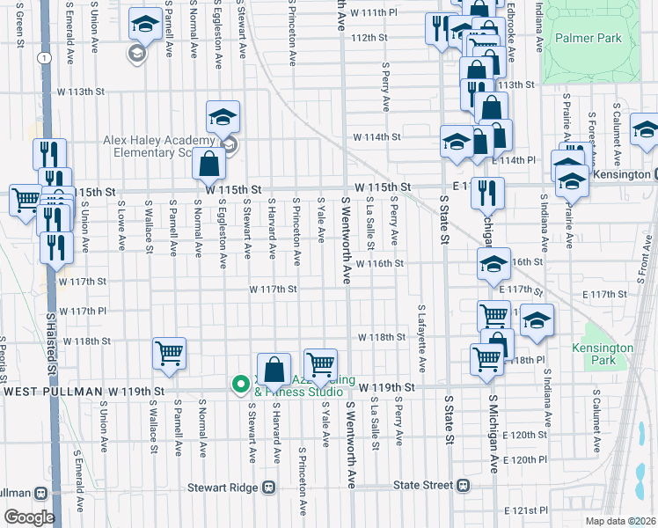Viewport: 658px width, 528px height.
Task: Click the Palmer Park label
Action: [588, 39]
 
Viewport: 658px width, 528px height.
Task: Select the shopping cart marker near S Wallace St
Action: [169, 354]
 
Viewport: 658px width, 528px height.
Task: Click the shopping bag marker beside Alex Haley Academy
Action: [208, 164]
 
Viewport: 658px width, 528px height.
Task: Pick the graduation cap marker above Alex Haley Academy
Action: [223, 116]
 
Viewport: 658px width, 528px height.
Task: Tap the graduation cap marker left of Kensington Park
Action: [537, 322]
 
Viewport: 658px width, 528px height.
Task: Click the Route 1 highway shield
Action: [42, 57]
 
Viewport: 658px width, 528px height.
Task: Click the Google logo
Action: [30, 517]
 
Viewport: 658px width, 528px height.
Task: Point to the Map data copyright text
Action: [619, 521]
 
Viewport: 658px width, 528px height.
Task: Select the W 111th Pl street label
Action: [373, 13]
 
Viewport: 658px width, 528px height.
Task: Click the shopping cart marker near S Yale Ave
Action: [320, 364]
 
